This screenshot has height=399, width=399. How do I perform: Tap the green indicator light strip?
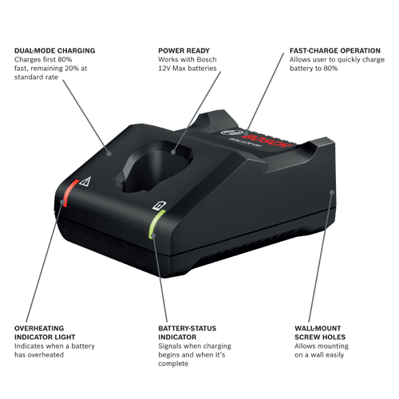point(154,221)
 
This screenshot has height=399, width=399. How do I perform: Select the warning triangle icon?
point(86,182)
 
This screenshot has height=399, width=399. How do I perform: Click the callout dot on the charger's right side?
point(331,192)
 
